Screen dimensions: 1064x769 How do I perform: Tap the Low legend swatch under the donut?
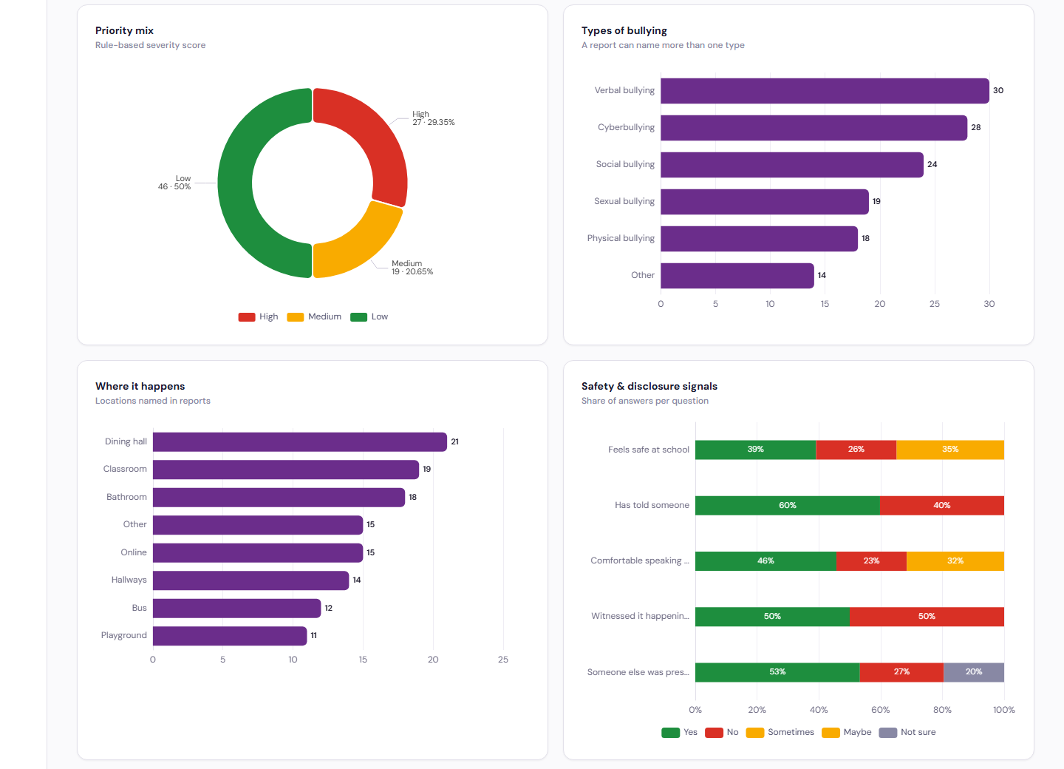coord(358,317)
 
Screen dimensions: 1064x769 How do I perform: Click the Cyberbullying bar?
coord(814,128)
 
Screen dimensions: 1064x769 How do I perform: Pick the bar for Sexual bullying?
coord(765,202)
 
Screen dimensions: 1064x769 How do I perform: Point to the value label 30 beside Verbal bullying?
coord(998,90)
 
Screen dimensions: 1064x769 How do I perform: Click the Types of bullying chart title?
coord(624,30)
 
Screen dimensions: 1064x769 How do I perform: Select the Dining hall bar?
coord(300,441)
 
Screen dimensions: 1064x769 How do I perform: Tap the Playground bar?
coord(230,636)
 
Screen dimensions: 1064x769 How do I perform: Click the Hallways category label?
coord(129,580)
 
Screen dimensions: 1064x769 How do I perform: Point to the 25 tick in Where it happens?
coord(503,660)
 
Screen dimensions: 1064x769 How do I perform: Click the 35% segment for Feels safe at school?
coord(950,450)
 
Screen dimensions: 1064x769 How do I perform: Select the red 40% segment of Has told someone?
coord(942,505)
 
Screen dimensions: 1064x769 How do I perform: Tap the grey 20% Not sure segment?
coord(974,672)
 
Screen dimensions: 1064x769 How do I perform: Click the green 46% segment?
coord(765,560)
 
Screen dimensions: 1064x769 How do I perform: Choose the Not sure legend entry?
coord(907,733)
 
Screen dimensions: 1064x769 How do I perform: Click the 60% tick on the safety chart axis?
coord(880,710)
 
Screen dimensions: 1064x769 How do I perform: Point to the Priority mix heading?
coord(124,30)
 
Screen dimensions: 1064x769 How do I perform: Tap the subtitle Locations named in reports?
coord(152,401)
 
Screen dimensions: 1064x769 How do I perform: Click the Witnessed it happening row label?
coord(640,616)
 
